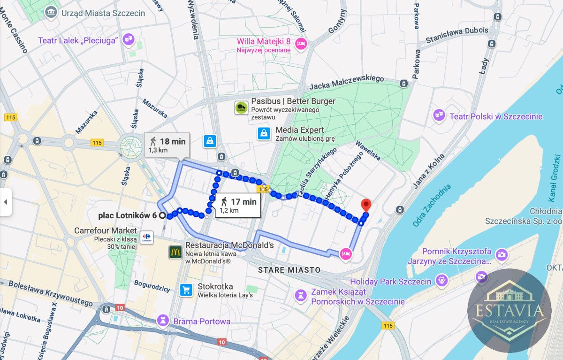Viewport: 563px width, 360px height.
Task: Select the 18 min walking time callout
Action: [167, 145]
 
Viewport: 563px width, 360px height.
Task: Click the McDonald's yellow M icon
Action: [175, 252]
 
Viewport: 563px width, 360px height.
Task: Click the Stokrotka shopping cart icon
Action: [187, 290]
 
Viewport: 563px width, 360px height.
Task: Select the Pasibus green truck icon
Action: [241, 108]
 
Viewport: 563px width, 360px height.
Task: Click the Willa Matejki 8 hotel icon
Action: [301, 44]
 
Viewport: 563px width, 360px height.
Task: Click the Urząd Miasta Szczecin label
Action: [103, 13]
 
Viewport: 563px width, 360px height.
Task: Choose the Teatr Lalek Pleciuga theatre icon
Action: [128, 40]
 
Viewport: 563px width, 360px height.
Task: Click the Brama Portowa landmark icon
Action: [163, 321]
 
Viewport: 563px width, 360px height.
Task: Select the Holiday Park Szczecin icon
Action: [441, 281]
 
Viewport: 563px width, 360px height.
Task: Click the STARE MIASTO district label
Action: [289, 270]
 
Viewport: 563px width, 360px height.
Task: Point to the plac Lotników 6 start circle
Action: [162, 215]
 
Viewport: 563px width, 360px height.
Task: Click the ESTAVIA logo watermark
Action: [510, 310]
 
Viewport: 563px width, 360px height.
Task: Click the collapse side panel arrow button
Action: [6, 202]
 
